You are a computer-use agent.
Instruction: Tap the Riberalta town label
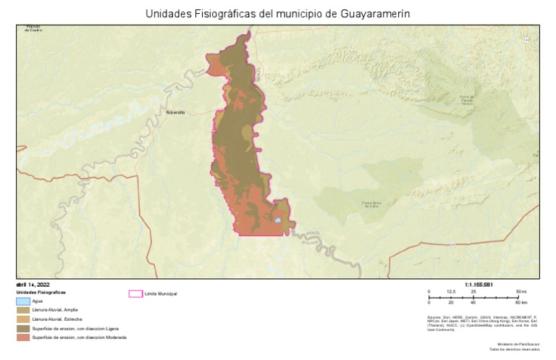point(176,112)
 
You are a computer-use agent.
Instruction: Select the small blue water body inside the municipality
point(277,220)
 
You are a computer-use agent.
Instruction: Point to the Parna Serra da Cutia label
point(371,204)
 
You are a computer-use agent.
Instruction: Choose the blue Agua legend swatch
point(23,301)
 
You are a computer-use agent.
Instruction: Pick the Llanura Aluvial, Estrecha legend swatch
point(23,319)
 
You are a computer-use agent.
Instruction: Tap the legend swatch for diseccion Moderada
point(23,338)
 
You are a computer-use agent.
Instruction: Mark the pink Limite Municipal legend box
point(135,293)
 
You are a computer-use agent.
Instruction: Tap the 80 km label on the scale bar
point(521,302)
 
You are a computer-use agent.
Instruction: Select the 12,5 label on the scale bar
point(451,291)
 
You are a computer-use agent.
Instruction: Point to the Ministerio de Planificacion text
point(518,344)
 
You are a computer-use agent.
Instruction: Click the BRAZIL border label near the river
point(313,233)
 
